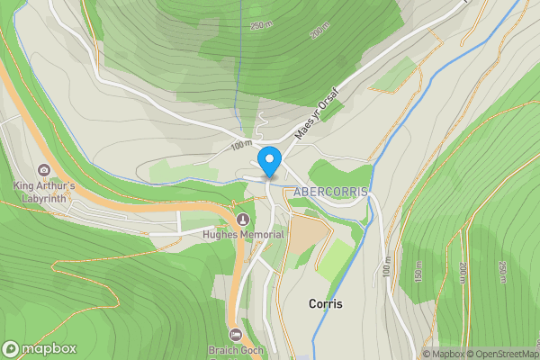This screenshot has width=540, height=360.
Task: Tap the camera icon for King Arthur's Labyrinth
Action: (x=43, y=170)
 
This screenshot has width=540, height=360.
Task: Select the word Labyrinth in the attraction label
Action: (x=43, y=197)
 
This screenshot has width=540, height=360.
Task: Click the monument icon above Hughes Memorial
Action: (x=241, y=220)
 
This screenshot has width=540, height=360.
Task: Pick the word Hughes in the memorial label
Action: (x=220, y=235)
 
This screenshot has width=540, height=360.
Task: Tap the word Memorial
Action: (x=262, y=235)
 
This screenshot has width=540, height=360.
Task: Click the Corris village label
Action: (x=325, y=304)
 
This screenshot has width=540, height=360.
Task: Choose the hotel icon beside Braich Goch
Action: (x=235, y=334)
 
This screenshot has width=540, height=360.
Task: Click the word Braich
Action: (x=225, y=349)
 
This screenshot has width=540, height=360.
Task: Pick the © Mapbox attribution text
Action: (x=446, y=354)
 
